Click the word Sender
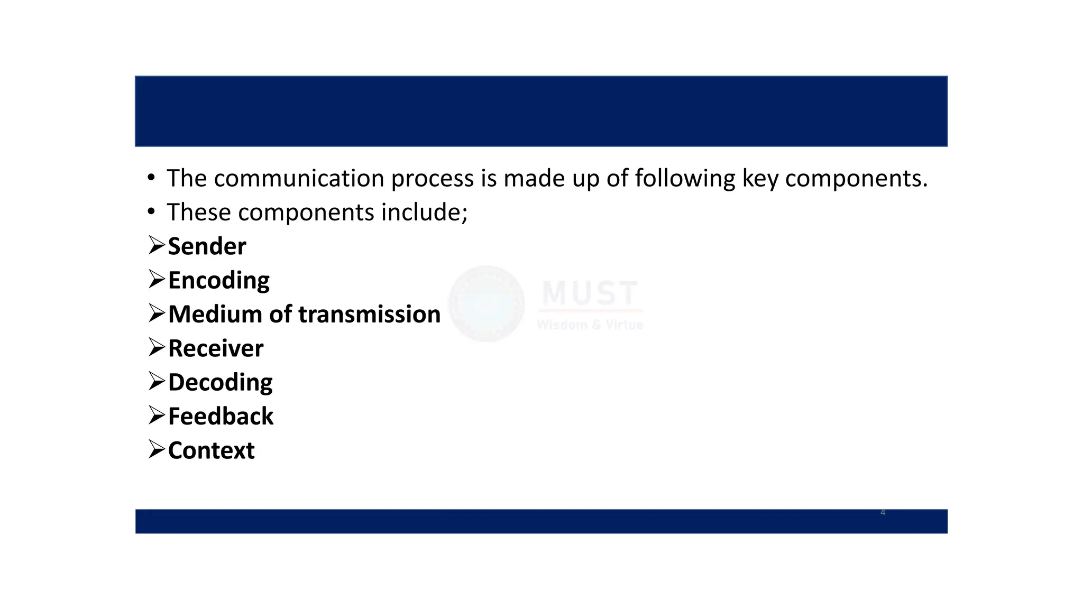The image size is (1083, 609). pyautogui.click(x=207, y=247)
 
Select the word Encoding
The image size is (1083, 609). pyautogui.click(x=218, y=281)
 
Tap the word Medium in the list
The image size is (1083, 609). pyautogui.click(x=215, y=315)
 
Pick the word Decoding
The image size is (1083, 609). pyautogui.click(x=220, y=383)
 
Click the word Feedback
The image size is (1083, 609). pyautogui.click(x=221, y=417)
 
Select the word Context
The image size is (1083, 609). pyautogui.click(x=211, y=451)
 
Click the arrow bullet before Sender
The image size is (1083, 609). pyautogui.click(x=157, y=245)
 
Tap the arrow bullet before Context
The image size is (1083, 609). pyautogui.click(x=157, y=449)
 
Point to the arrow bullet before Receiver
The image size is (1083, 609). pyautogui.click(x=157, y=347)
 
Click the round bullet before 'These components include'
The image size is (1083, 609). pyautogui.click(x=152, y=212)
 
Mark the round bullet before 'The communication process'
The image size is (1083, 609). pyautogui.click(x=152, y=178)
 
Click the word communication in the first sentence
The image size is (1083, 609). pyautogui.click(x=299, y=179)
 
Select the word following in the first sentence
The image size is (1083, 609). pyautogui.click(x=685, y=179)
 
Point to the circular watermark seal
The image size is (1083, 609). pyautogui.click(x=487, y=303)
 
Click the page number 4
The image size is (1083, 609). pyautogui.click(x=883, y=512)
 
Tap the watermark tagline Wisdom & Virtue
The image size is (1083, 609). pyautogui.click(x=590, y=325)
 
